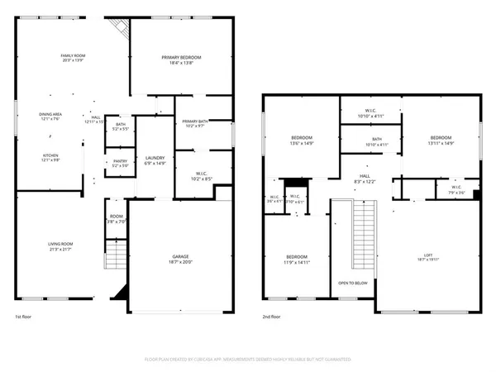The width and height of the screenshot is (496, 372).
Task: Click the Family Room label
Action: (74, 58)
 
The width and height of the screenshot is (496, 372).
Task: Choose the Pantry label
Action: (120, 163)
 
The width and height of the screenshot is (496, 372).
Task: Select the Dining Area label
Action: (51, 116)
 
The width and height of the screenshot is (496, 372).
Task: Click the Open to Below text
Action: (352, 284)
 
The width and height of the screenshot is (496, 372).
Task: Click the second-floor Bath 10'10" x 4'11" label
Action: (377, 141)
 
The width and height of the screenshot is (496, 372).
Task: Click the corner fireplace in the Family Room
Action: (122, 30)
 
